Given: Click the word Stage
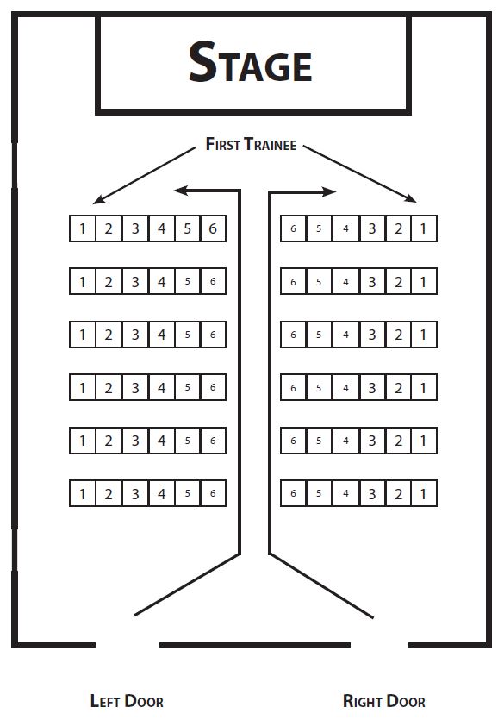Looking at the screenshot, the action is (x=251, y=62).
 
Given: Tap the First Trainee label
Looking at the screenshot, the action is (x=251, y=144).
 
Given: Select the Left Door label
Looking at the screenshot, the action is (x=127, y=701).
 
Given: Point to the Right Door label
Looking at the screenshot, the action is (x=383, y=701).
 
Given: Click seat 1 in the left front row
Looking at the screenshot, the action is (x=83, y=228).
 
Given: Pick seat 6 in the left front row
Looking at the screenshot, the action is (x=213, y=228).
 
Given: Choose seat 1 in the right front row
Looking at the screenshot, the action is (x=424, y=228).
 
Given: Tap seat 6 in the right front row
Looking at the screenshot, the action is (x=293, y=228).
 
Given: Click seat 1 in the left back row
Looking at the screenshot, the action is (x=83, y=493).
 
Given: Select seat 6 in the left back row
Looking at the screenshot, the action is (x=213, y=493).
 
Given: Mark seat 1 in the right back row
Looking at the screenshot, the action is (x=424, y=493).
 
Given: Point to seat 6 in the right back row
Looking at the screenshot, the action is (x=293, y=493).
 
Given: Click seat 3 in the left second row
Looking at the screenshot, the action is (x=135, y=281).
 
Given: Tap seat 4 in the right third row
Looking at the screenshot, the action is (x=345, y=335).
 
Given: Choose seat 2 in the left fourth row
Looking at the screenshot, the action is (x=109, y=387).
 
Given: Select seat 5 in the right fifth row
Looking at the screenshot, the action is (x=319, y=441).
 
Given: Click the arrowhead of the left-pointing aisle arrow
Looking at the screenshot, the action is (x=181, y=190).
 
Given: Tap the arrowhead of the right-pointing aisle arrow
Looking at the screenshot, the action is (x=329, y=191).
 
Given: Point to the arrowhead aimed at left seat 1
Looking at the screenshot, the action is (x=98, y=199).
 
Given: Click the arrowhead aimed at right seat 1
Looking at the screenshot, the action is (x=410, y=198).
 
